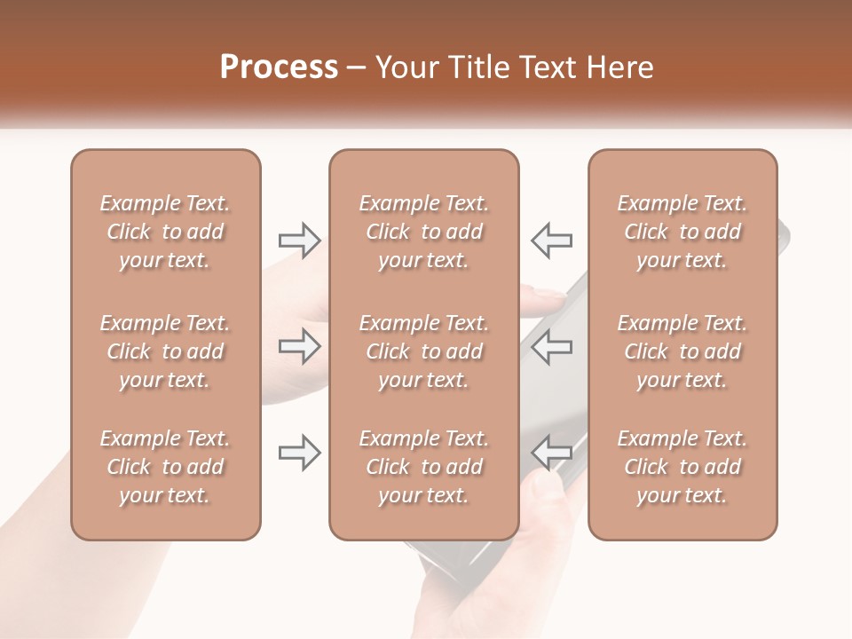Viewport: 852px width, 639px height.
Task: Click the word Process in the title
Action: coord(279,67)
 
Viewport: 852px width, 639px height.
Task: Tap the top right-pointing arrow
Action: coord(299,240)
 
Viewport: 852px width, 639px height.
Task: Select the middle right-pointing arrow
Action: coord(299,346)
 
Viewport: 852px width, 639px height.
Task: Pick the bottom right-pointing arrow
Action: coord(299,453)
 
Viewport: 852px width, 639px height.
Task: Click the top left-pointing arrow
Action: coord(552,240)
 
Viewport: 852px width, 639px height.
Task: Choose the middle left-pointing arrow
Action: coord(552,346)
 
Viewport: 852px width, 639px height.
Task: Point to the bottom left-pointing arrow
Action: coord(552,453)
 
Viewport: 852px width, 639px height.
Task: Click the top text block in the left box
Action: coord(165,232)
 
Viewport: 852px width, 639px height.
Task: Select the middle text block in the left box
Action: coord(165,351)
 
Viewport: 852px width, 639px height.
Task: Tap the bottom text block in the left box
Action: coord(165,467)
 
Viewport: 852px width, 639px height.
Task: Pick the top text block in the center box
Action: coord(423,232)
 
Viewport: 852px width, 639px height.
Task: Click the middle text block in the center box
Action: coord(423,351)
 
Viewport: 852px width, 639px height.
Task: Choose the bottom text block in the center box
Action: coord(423,467)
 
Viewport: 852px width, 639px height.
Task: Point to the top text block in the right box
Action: coord(682,232)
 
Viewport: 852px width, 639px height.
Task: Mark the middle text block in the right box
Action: coord(682,351)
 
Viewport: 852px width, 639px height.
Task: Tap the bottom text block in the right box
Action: coord(682,467)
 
